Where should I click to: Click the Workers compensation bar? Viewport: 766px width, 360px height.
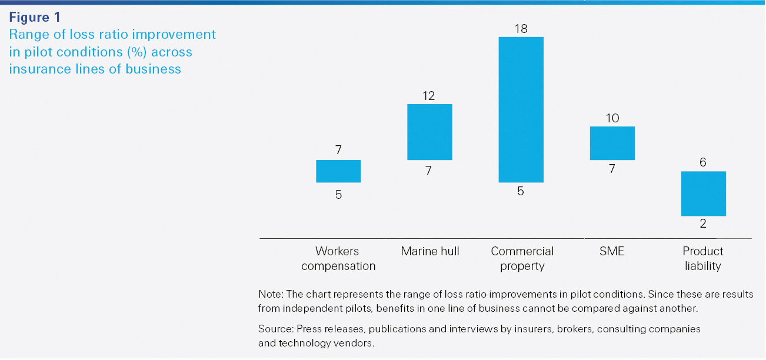pos(338,171)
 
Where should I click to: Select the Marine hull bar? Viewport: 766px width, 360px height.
pos(429,132)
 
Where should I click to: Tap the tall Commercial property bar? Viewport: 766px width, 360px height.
pos(521,109)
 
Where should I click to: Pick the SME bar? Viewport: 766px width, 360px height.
pos(612,143)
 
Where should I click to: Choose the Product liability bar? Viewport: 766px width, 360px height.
pos(703,194)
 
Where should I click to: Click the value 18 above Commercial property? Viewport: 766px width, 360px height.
pos(521,28)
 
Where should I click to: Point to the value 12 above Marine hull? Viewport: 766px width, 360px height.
pos(429,95)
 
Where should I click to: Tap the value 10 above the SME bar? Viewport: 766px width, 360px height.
pos(612,118)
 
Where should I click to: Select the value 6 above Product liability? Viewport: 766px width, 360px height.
pos(703,162)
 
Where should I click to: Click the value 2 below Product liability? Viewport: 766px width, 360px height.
pos(703,224)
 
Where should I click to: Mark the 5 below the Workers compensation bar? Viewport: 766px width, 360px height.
pos(338,194)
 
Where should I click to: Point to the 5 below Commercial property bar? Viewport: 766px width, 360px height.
pos(521,191)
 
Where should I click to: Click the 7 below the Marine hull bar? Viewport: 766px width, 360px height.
pos(429,171)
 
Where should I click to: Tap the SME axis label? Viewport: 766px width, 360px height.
pos(612,252)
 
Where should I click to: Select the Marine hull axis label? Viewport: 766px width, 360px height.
pos(430,252)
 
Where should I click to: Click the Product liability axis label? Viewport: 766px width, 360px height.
pos(703,259)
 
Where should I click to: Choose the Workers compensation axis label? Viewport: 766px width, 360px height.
pos(338,259)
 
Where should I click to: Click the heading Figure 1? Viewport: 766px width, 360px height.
pos(35,18)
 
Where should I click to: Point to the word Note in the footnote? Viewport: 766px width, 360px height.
pos(269,294)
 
